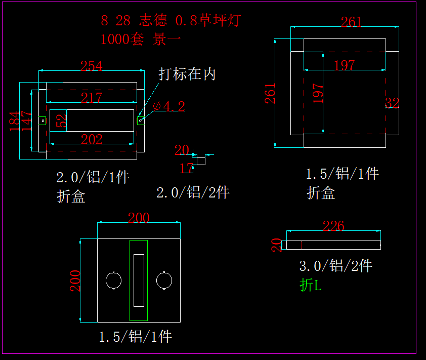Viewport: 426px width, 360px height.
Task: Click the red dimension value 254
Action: [x=92, y=66]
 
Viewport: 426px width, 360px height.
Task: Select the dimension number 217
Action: [x=92, y=98]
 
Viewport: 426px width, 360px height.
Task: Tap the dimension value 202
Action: [x=92, y=140]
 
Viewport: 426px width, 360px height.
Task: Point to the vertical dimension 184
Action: [x=15, y=121]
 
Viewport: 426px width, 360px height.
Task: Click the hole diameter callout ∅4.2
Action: [x=169, y=106]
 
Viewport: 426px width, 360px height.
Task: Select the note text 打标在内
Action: [x=187, y=74]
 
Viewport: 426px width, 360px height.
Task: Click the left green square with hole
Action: [x=42, y=121]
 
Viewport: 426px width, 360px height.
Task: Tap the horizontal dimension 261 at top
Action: [x=351, y=22]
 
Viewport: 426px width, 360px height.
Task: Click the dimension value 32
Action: [x=392, y=103]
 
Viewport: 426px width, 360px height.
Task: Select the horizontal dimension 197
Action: [x=345, y=65]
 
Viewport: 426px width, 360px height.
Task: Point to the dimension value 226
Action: [x=333, y=226]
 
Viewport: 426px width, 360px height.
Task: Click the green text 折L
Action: [x=311, y=286]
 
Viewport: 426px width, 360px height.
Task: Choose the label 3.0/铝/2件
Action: [x=336, y=265]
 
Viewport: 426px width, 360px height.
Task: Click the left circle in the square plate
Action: [x=113, y=280]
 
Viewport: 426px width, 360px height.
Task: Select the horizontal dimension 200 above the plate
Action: [x=139, y=218]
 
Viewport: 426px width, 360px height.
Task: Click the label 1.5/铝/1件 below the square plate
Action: [x=135, y=337]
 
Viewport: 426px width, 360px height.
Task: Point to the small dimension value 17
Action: [x=186, y=168]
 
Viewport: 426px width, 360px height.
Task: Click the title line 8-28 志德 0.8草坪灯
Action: [x=171, y=21]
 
